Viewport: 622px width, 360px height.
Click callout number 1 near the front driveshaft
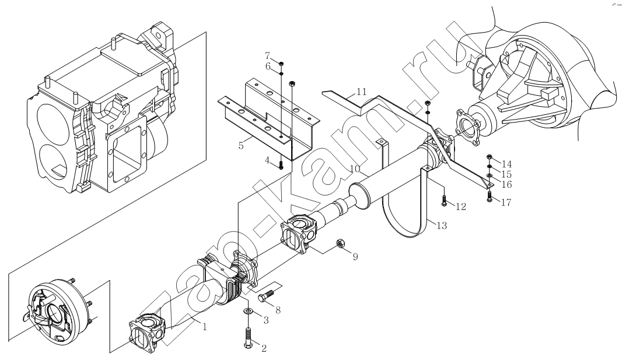[x=205, y=327]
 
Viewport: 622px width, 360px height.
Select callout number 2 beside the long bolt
[x=264, y=348]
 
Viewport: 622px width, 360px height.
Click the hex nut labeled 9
[x=340, y=243]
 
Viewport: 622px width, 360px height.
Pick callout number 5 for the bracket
[x=241, y=145]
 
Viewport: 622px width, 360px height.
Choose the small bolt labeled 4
[x=281, y=165]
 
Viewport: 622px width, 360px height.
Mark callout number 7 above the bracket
[x=267, y=55]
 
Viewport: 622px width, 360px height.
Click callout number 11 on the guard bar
[x=361, y=92]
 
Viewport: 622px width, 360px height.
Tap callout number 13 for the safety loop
[x=442, y=226]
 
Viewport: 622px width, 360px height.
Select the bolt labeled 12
[x=444, y=201]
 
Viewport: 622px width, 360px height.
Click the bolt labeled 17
[x=489, y=196]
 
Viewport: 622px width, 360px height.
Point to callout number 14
[x=506, y=164]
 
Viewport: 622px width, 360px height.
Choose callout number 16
[x=506, y=184]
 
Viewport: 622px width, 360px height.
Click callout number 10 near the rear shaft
[x=355, y=169]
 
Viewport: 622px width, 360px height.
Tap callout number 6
[x=268, y=66]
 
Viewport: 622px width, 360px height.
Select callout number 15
[x=506, y=174]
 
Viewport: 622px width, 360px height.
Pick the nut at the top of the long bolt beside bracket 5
[x=292, y=83]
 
